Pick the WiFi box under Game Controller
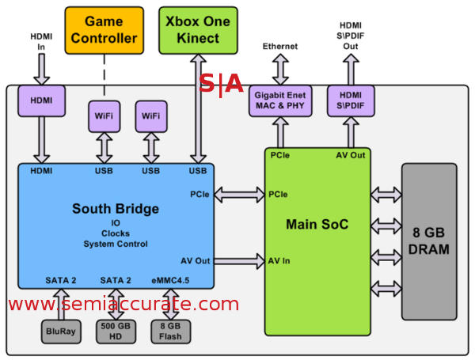click(104, 116)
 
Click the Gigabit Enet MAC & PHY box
click(281, 102)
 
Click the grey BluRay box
click(60, 331)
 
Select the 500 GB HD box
click(116, 331)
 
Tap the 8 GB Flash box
click(170, 331)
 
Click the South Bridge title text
click(116, 210)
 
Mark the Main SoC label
click(316, 225)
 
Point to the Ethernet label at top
click(280, 47)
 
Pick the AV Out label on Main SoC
click(350, 155)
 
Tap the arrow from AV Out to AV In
click(238, 260)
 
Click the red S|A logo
click(220, 84)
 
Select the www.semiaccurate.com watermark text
click(123, 304)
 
